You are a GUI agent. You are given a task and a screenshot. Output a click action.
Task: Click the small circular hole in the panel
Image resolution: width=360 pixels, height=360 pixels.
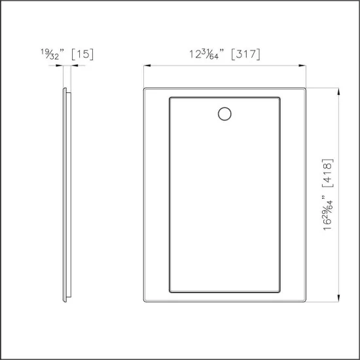pyautogui.click(x=224, y=114)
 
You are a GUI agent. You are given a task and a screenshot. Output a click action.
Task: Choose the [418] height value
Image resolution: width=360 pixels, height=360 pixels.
pyautogui.click(x=327, y=175)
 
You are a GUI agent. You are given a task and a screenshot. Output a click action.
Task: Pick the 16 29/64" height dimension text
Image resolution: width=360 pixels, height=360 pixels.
pyautogui.click(x=327, y=213)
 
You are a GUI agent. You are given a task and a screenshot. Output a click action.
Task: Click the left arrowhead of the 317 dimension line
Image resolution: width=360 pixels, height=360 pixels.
pyautogui.click(x=146, y=65)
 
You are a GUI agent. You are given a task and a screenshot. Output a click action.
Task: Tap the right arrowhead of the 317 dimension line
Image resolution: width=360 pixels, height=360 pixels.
pyautogui.click(x=304, y=65)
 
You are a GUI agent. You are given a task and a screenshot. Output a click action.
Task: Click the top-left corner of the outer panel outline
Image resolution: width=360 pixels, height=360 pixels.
pyautogui.click(x=145, y=88)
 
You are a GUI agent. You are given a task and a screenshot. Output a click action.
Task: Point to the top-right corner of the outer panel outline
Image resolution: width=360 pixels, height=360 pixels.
pyautogui.click(x=306, y=88)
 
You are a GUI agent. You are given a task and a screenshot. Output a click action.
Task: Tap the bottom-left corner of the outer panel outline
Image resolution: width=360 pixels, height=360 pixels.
pyautogui.click(x=145, y=303)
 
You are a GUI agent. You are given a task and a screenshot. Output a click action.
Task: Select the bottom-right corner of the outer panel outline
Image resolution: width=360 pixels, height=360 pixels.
pyautogui.click(x=306, y=303)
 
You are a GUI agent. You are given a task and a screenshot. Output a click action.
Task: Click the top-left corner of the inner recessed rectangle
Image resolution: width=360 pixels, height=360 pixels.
pyautogui.click(x=170, y=98)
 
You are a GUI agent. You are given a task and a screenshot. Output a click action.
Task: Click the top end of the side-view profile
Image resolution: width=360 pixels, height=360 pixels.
pyautogui.click(x=64, y=88)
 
